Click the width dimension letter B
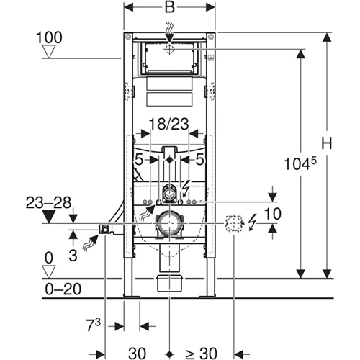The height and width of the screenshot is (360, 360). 170,9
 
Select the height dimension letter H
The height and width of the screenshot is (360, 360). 326,143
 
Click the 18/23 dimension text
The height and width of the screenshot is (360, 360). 170,125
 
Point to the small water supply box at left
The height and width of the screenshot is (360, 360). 105,229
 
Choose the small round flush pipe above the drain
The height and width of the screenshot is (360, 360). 170,192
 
